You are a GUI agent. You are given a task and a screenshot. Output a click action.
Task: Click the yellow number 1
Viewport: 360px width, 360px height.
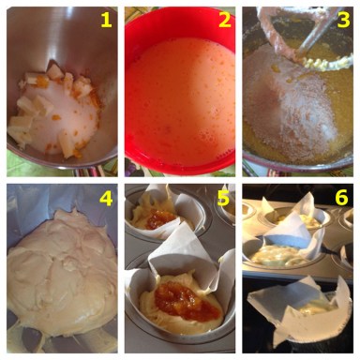[106, 21]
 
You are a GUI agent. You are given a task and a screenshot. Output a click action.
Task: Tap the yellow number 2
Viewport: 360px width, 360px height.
[224, 21]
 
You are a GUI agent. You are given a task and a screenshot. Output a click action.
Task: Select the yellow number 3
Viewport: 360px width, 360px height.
[343, 21]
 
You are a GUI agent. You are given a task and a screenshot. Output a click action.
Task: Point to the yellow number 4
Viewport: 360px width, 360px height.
[106, 198]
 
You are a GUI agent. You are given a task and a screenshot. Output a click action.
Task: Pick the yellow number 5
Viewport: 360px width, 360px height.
[224, 198]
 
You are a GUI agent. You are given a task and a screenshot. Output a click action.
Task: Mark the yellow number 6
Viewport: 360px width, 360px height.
[342, 198]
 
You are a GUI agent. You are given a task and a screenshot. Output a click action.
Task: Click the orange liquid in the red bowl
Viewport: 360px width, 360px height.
[180, 97]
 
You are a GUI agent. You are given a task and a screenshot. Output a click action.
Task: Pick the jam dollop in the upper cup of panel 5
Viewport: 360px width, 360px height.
[159, 217]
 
